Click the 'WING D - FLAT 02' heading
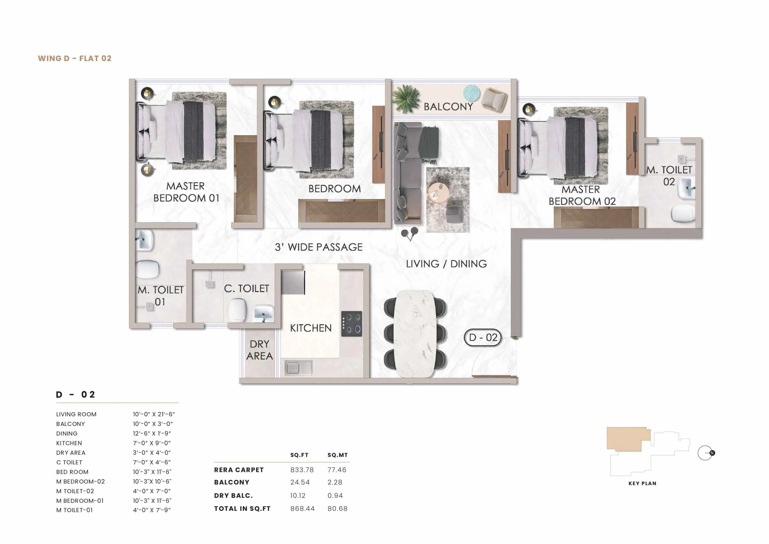(75, 58)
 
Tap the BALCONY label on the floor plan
(448, 107)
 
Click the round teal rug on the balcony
(471, 93)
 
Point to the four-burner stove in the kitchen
(351, 324)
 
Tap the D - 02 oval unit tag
(483, 338)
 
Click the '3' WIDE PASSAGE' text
(319, 247)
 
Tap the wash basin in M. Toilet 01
(145, 240)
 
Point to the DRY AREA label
(259, 350)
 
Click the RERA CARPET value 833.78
(302, 470)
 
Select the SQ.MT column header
(338, 455)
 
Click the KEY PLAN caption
(642, 483)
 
